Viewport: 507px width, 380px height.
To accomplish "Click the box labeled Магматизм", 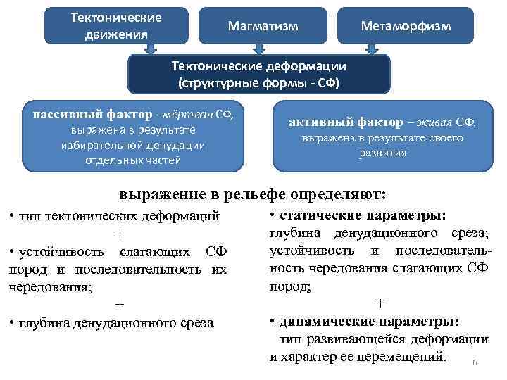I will (x=263, y=25).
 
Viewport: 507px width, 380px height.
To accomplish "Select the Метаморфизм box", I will (x=406, y=25).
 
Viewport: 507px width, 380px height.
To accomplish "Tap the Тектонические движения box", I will (x=117, y=25).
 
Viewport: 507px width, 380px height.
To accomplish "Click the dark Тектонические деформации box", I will (x=258, y=74).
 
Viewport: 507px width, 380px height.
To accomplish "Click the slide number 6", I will (x=475, y=362).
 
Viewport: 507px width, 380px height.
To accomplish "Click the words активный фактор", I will (x=343, y=122).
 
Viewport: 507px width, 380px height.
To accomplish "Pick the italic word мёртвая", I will (x=190, y=115).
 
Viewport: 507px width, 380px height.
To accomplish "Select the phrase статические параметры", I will (x=368, y=215).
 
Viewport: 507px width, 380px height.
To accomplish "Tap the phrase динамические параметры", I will (x=369, y=322).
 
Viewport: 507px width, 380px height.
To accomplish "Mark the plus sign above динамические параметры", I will (x=380, y=304).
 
